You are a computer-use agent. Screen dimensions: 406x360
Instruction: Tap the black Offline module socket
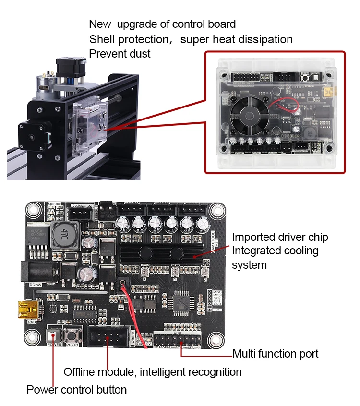(x=108, y=335)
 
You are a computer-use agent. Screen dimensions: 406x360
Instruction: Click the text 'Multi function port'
(x=275, y=354)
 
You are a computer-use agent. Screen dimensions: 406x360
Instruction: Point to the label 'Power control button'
(x=77, y=390)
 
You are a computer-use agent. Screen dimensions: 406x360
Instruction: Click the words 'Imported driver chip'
(x=280, y=237)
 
